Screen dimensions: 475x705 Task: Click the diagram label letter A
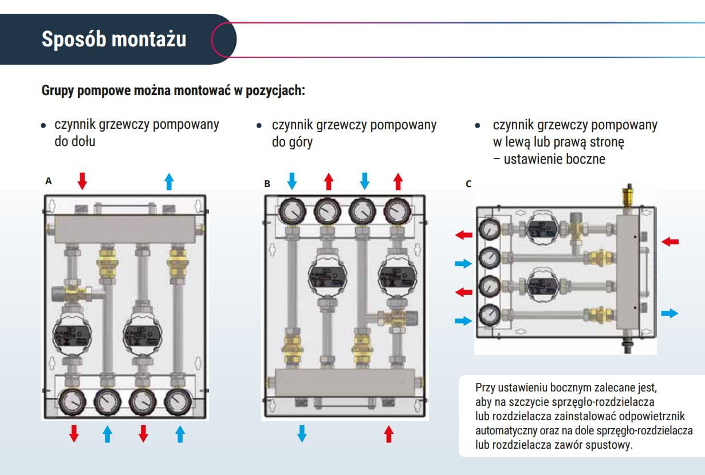[49, 181]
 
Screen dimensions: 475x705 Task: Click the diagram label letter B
[267, 184]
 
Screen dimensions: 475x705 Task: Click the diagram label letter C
[468, 184]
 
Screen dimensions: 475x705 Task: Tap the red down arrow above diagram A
[82, 181]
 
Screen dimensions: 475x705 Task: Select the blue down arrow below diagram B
[302, 433]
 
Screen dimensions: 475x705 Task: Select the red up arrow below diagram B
[389, 433]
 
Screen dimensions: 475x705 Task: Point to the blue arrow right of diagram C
[669, 313]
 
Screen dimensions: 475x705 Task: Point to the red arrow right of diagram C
[669, 242]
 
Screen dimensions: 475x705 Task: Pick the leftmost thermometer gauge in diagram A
[72, 402]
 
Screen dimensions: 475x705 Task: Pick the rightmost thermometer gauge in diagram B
[396, 212]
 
